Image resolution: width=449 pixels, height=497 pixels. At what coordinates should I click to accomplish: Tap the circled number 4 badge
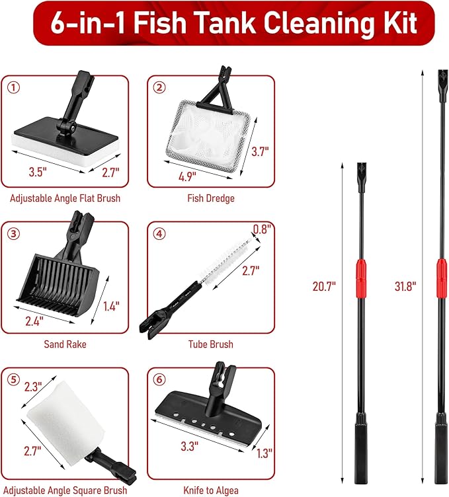[159, 233]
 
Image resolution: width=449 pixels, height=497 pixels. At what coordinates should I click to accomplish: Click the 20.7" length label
[324, 286]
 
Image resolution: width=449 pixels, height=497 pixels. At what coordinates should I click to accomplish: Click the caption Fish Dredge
[210, 198]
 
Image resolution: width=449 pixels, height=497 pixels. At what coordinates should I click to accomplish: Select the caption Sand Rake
[65, 344]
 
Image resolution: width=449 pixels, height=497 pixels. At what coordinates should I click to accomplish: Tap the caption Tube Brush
[210, 344]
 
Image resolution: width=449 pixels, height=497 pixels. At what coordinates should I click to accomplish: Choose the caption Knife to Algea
[210, 490]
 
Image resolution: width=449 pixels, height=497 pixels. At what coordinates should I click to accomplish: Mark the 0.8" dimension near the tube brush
[263, 229]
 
